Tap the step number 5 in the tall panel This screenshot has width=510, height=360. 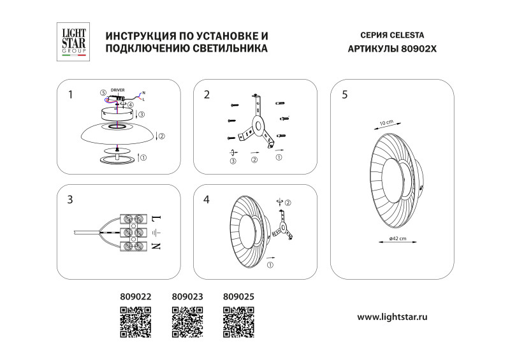345,94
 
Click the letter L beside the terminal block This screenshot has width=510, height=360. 157,219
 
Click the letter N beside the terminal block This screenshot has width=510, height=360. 157,246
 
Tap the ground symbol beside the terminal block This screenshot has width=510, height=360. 157,232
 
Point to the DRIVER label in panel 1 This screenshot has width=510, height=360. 117,90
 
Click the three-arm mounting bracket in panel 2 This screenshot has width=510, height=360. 258,123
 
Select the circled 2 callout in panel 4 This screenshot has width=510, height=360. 288,203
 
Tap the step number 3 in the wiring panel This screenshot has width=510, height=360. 70,199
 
